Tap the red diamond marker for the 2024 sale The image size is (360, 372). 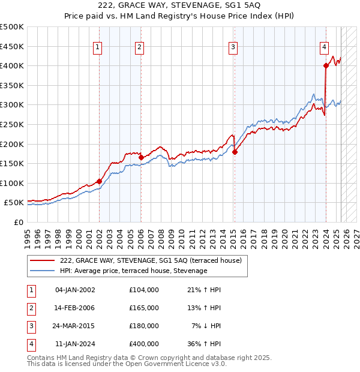coord(326,66)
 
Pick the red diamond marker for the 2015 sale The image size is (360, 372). coord(235,152)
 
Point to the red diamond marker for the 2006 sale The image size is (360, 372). coord(141,158)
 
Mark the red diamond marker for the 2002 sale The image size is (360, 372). coord(99,181)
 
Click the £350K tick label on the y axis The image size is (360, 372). coord(12,85)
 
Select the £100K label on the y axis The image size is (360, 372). coord(12,183)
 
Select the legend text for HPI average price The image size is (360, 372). coord(133,271)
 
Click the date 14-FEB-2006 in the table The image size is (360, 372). coord(75,308)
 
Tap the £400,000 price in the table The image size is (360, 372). coord(144,344)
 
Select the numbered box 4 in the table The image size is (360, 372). coord(31,344)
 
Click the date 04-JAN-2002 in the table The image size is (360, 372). coord(75,290)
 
